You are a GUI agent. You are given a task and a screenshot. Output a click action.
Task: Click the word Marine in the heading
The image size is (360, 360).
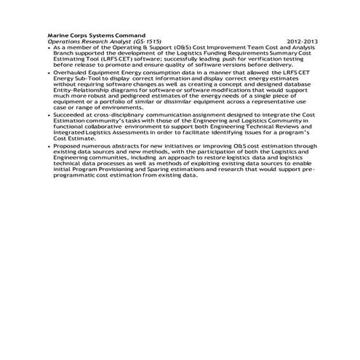(58, 35)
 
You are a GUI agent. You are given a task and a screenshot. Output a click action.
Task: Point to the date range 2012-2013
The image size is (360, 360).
(303, 41)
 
